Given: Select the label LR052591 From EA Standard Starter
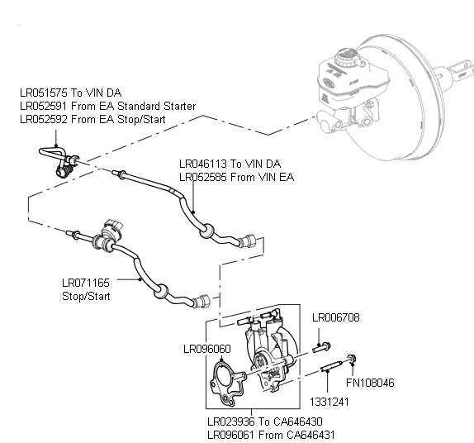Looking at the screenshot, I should [107, 106].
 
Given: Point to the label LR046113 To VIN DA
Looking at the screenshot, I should [230, 164].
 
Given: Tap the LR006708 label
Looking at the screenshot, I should [334, 317].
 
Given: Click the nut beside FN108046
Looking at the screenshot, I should [353, 358].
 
